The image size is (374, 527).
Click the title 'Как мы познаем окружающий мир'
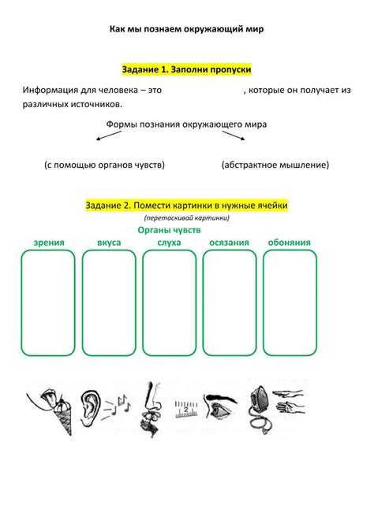186,29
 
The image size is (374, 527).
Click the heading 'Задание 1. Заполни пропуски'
186,70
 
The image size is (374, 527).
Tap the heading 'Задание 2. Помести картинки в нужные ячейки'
186,205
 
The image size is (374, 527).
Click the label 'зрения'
49,243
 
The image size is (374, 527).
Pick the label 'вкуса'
109,243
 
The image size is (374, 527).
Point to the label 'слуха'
169,243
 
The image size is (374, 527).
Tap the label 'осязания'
229,243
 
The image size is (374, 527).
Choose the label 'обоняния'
289,243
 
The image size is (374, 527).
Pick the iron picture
258,403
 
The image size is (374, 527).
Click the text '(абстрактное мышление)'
275,165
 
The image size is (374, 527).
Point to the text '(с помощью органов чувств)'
104,165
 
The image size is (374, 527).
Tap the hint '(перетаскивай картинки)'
186,217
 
